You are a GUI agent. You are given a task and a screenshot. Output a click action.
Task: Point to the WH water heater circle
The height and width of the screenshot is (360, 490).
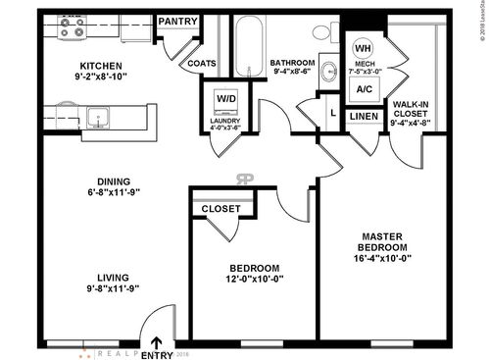point(362,48)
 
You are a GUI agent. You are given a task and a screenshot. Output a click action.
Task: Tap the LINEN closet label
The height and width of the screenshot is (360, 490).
point(363,118)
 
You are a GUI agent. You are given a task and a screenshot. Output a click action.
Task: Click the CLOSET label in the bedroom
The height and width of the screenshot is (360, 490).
point(221,209)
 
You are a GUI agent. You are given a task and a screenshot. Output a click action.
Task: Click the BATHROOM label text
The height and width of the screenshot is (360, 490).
point(293,63)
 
